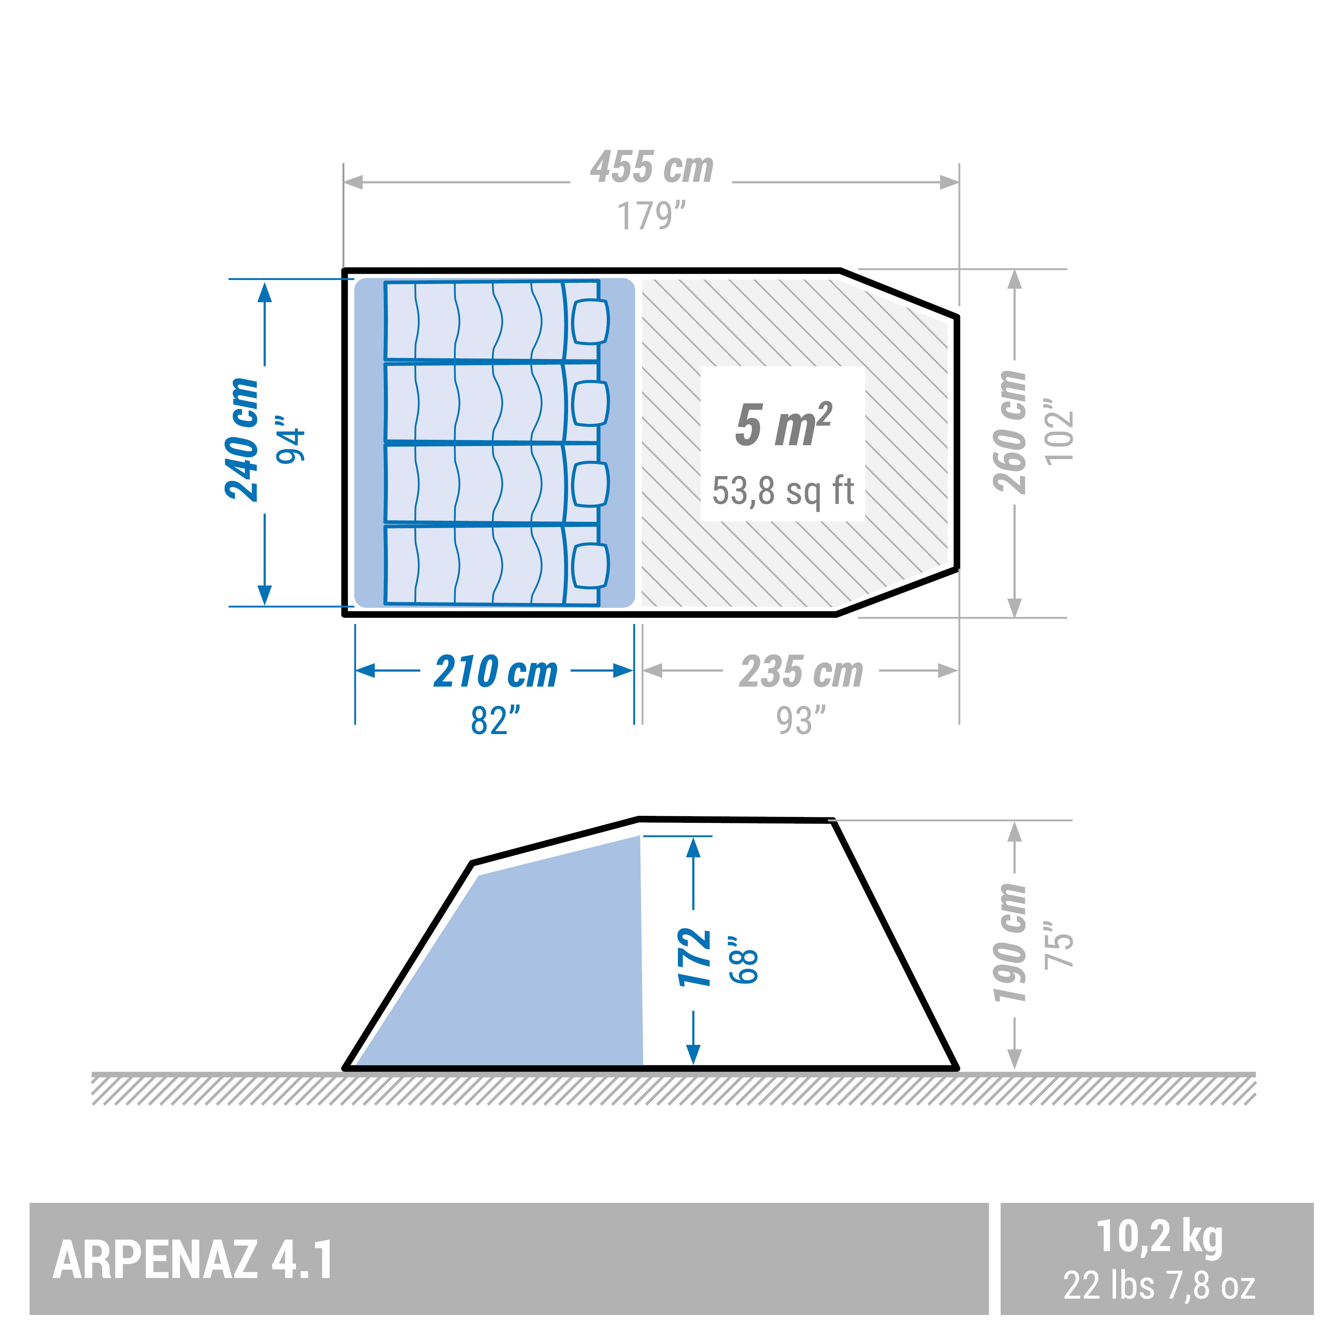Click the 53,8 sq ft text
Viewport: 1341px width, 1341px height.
click(x=783, y=491)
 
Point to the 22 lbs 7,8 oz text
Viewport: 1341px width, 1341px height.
click(x=1159, y=1286)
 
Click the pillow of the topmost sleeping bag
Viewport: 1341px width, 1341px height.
click(x=591, y=321)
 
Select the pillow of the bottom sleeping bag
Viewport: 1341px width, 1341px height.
click(x=591, y=566)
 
